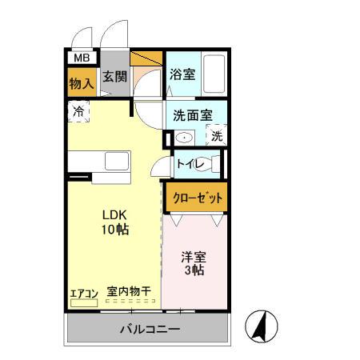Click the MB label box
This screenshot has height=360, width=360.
pos(81,58)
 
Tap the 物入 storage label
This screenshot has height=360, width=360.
pos(81,82)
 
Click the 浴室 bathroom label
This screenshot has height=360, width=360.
pos(182,74)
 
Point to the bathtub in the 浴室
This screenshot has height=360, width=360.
pos(214,74)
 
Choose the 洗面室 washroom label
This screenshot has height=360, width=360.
pos(192,114)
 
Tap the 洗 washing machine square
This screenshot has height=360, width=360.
pos(216,136)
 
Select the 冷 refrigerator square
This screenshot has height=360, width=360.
pos(79,112)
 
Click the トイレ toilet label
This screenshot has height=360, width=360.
pos(191,165)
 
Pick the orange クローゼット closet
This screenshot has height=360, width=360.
pos(196,195)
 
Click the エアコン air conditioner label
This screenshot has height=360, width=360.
pos(82,293)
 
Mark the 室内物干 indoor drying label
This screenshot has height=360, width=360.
pos(129,292)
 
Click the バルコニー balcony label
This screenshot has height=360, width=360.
pos(150,329)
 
